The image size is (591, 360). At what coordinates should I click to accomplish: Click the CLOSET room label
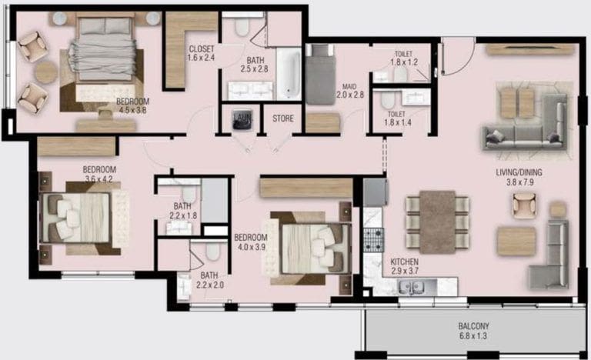202,49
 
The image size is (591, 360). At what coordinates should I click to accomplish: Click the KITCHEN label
405,262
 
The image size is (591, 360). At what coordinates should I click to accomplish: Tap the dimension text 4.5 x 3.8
133,109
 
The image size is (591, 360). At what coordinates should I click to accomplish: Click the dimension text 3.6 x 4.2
99,180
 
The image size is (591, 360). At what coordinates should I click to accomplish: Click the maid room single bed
320,74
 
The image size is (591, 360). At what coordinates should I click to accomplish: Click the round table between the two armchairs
45,72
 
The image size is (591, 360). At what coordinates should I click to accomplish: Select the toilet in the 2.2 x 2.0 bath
212,252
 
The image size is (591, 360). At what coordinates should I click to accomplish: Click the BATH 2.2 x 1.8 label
182,211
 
